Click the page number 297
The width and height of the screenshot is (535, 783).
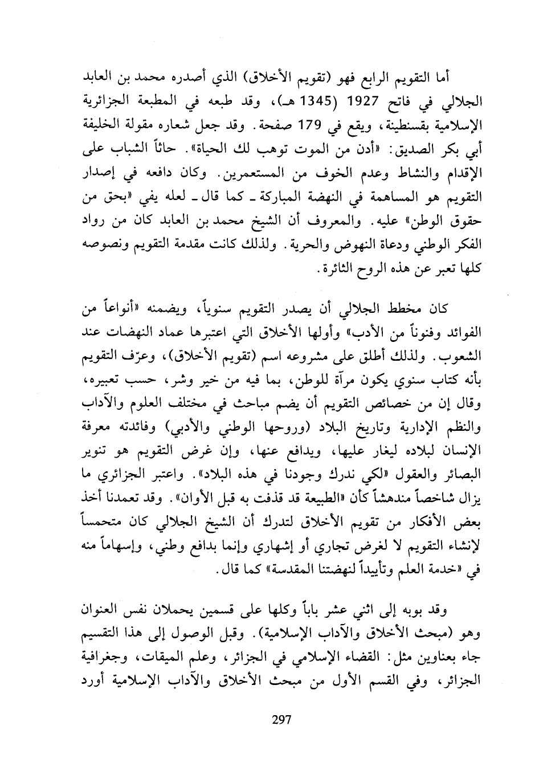tap(281, 719)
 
